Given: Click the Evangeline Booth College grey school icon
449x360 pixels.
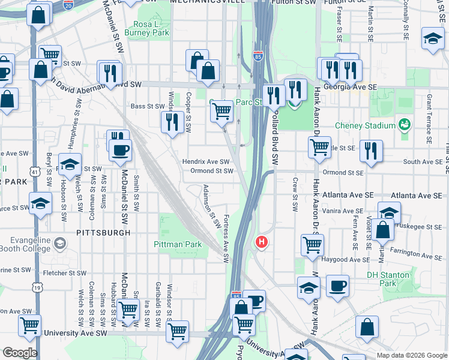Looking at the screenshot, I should pos(59,243).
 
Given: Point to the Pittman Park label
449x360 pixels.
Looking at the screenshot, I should pos(178,244).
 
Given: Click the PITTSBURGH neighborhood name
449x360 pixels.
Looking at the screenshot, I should pos(103,232).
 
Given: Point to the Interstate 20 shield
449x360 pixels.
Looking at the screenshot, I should pos(68,4).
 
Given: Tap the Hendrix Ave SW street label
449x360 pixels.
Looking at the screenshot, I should pos(206,162).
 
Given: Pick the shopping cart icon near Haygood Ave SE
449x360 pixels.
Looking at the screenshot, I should pos(312,245).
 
